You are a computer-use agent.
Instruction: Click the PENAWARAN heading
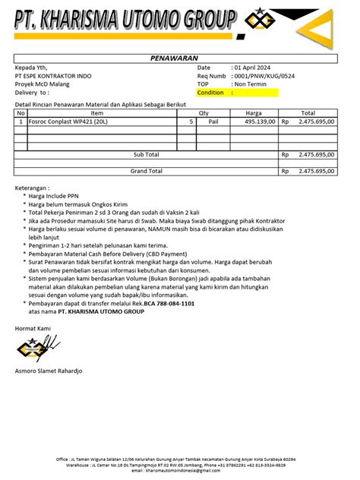pos(175,58)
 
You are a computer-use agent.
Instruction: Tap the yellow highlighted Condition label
pos(210,93)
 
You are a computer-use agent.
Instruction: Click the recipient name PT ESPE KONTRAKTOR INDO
pos(53,77)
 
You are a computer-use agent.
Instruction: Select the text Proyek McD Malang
pos(43,84)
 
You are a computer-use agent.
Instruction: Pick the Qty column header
pos(204,112)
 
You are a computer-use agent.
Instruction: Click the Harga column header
pos(254,112)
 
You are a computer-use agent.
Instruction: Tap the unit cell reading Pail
pos(213,121)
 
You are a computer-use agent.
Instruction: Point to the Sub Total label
pos(147,154)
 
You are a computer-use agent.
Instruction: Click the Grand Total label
pos(147,171)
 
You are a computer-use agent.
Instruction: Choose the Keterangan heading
pos(33,187)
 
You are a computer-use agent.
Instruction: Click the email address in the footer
pos(180,472)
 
